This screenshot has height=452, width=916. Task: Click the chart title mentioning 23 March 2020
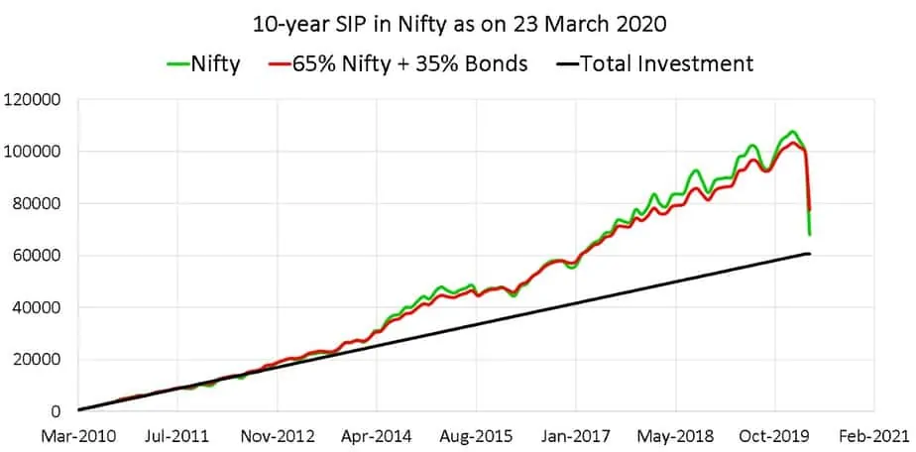click(x=457, y=23)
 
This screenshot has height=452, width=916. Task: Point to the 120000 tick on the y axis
click(x=35, y=100)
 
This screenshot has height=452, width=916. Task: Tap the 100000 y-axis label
click(x=35, y=152)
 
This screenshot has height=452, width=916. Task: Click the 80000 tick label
click(x=39, y=204)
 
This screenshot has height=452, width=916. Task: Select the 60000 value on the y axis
click(x=39, y=256)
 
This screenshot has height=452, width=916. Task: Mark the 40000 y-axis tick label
click(x=39, y=307)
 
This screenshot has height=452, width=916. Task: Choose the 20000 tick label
click(x=39, y=360)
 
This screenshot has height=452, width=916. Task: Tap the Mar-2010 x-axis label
click(x=78, y=435)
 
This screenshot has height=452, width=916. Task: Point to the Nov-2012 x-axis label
click(x=278, y=435)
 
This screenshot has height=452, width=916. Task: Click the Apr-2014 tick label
click(x=377, y=435)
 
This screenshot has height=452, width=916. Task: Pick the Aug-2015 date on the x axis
click(x=476, y=435)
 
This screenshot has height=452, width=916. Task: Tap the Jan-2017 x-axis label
click(x=576, y=435)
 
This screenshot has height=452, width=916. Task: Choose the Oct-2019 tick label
click(x=774, y=435)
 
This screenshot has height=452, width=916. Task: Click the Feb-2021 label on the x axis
click(x=873, y=435)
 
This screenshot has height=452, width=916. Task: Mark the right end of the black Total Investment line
click(x=810, y=254)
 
